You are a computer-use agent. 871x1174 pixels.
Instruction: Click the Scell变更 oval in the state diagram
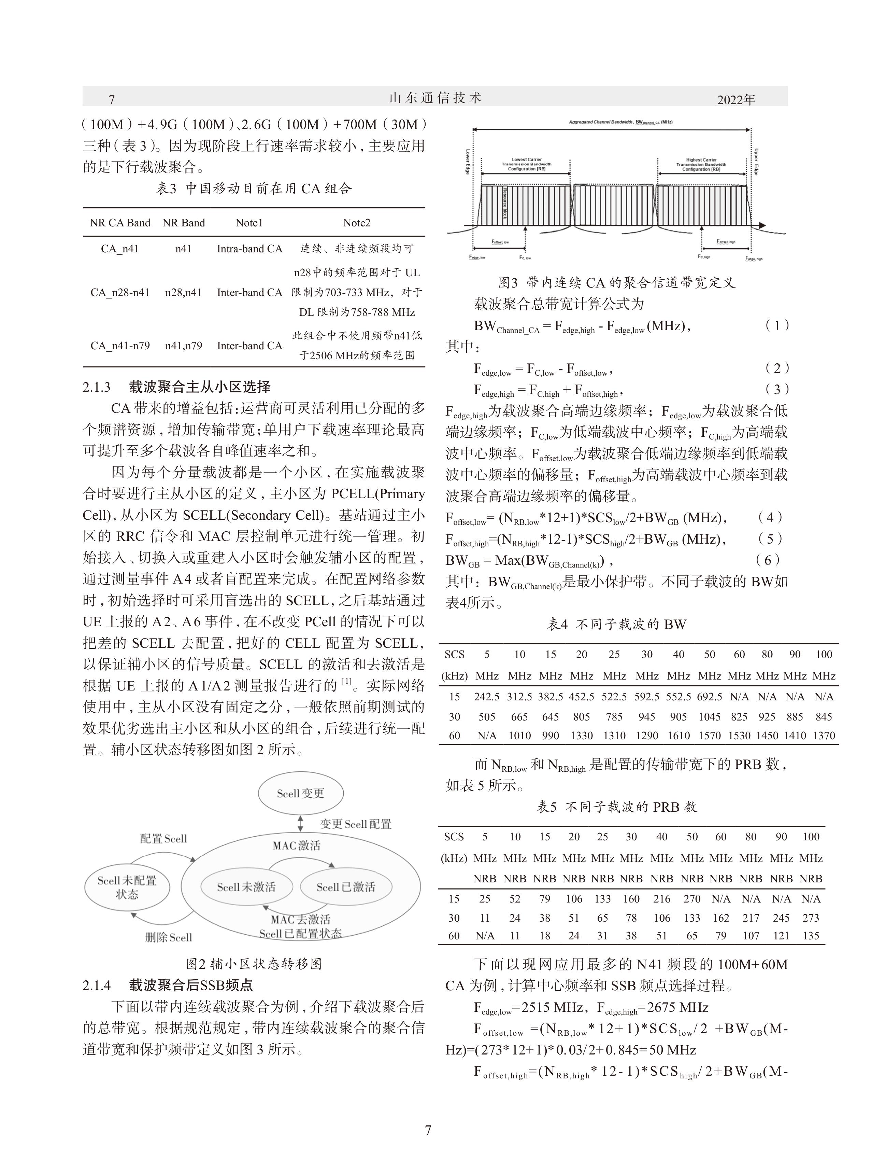(301, 794)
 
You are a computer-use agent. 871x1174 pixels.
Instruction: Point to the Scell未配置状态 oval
(127, 887)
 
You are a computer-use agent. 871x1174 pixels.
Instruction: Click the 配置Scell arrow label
(163, 839)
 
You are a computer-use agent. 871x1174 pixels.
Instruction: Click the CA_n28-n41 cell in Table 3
(120, 293)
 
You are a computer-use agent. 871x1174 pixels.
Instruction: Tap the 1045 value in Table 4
(709, 717)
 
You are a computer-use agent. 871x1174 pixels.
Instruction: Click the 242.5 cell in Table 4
(487, 697)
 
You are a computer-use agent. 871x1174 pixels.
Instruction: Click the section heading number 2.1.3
(97, 387)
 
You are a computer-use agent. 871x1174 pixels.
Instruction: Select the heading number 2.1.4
(97, 985)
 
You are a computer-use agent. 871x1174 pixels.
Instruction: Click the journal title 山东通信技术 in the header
(435, 98)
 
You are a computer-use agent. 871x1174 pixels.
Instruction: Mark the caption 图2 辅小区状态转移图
(254, 964)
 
